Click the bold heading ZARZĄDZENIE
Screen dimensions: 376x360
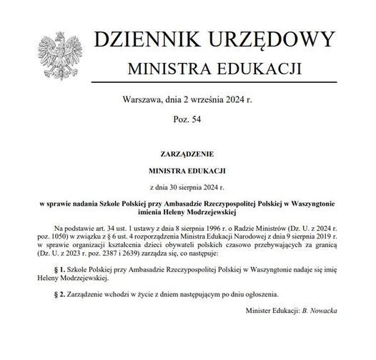187,154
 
